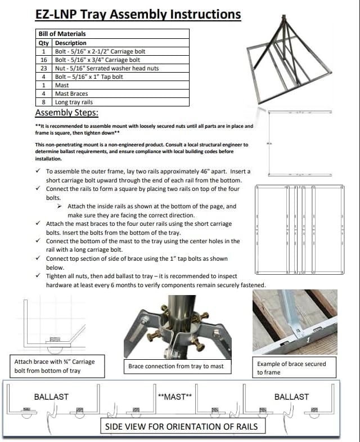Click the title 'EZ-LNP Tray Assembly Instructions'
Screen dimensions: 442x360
pyautogui.click(x=138, y=15)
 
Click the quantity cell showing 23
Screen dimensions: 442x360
pyautogui.click(x=44, y=68)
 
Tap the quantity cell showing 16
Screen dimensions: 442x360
pyautogui.click(x=44, y=60)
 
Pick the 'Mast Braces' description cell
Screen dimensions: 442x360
pyautogui.click(x=71, y=93)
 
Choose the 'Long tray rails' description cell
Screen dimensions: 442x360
pyautogui.click(x=74, y=102)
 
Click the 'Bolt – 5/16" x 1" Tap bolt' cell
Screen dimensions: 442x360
pyautogui.click(x=88, y=77)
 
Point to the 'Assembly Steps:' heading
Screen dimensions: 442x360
pyautogui.click(x=70, y=112)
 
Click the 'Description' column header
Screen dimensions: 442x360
pyautogui.click(x=71, y=43)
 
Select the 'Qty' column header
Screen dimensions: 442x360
pyautogui.click(x=44, y=43)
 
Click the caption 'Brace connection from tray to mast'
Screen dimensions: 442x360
pyautogui.click(x=175, y=366)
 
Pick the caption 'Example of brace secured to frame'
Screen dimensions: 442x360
pyautogui.click(x=291, y=368)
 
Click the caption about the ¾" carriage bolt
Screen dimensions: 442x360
pyautogui.click(x=55, y=366)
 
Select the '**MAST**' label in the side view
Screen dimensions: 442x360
pyautogui.click(x=174, y=396)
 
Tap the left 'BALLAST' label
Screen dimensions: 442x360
pyautogui.click(x=51, y=396)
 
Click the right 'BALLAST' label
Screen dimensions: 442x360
pyautogui.click(x=291, y=396)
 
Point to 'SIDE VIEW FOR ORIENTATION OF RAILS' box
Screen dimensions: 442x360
pyautogui.click(x=181, y=426)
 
